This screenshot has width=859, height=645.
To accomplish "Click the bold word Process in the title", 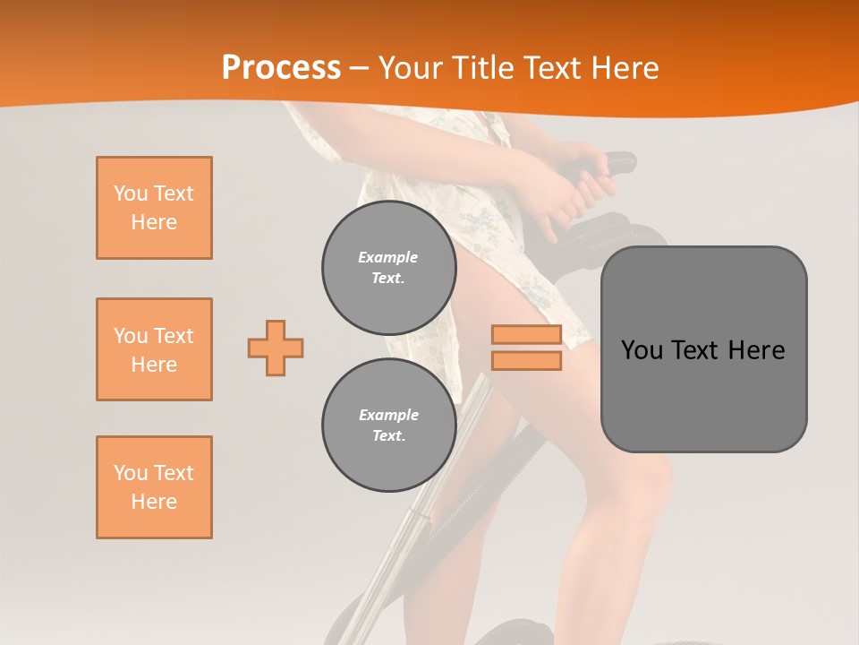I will click(281, 68).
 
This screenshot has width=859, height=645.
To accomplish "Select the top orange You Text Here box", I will click(154, 208).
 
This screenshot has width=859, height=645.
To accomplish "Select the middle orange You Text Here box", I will click(154, 349).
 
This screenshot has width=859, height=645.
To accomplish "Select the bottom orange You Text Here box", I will click(154, 487).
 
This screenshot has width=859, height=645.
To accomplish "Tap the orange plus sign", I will click(276, 348).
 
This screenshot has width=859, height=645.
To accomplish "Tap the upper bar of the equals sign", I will click(526, 335).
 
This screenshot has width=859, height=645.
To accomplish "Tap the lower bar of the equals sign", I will click(526, 360).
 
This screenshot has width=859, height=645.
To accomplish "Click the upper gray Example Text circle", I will click(388, 268).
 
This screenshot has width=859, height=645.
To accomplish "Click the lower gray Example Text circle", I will click(388, 426).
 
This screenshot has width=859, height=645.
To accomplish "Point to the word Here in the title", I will click(625, 68).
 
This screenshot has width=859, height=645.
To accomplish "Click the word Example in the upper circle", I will click(388, 258).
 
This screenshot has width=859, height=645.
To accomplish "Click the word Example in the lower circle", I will click(388, 416).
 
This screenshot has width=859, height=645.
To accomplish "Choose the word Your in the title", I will click(408, 68).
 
